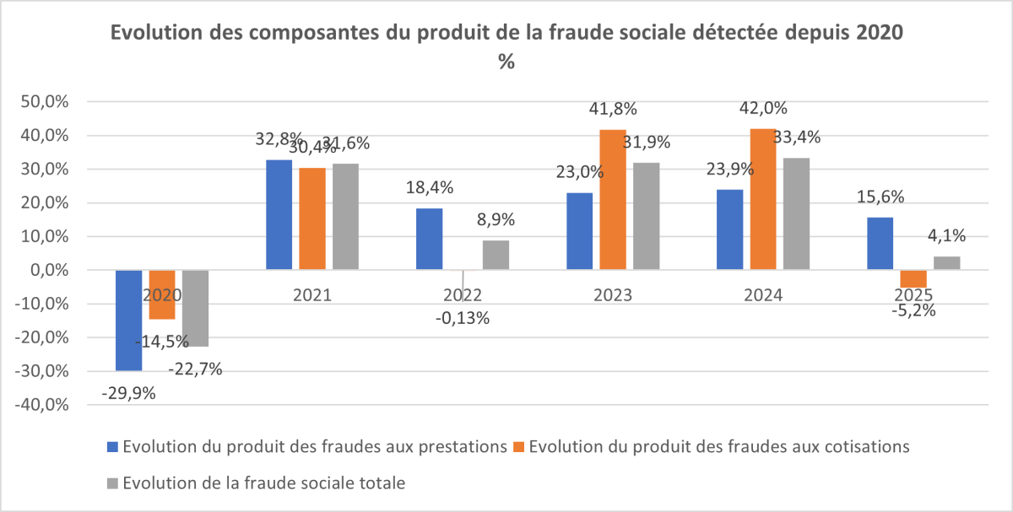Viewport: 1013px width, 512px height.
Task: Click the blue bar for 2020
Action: pos(128,320)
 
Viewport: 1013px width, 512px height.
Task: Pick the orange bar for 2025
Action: pos(913,278)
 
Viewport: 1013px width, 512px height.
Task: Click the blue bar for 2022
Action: pos(429,239)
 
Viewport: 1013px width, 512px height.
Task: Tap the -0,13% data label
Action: pos(463,318)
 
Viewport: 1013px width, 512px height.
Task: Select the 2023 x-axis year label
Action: pos(614,295)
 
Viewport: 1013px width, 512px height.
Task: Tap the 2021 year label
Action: pos(311,295)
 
